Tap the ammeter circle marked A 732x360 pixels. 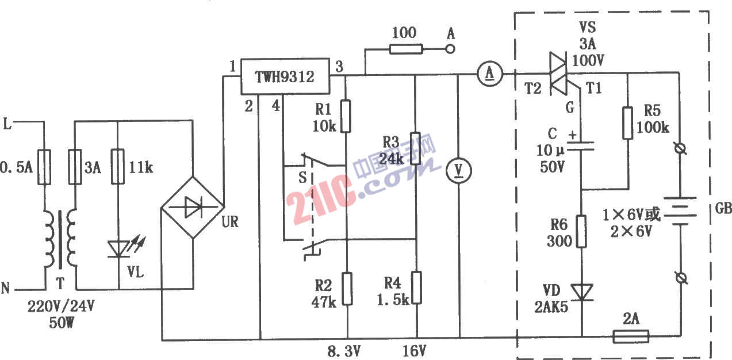coord(490,73)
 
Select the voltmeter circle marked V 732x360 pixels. coord(459,170)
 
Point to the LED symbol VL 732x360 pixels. coord(117,249)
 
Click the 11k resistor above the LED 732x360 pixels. coord(117,167)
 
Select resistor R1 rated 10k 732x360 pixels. coord(346,116)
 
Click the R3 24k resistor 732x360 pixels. coord(416,148)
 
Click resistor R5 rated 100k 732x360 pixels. coord(627,123)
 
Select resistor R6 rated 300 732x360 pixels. coord(581,231)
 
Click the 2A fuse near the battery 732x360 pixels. coord(631,336)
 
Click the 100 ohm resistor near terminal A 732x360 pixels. coord(405,49)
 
